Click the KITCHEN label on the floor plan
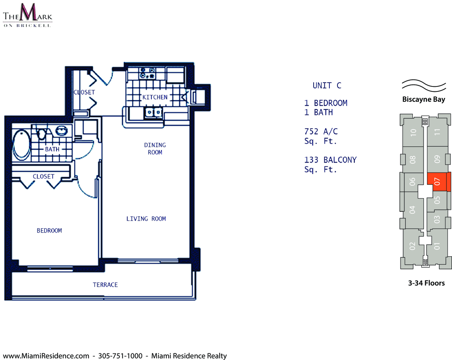(155, 97)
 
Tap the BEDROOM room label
(49, 231)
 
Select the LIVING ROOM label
(146, 219)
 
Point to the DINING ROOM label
(155, 148)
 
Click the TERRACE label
(105, 285)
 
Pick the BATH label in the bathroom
(52, 149)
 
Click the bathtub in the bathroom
(22, 145)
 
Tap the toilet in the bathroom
(42, 134)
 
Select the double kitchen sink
(153, 112)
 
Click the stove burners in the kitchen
(147, 73)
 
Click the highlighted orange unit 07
(439, 182)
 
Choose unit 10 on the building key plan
(414, 132)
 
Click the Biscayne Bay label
(424, 100)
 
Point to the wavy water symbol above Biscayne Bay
(424, 85)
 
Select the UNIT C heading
(327, 86)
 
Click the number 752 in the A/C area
(311, 131)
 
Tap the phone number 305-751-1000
(120, 356)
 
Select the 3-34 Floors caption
(426, 283)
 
